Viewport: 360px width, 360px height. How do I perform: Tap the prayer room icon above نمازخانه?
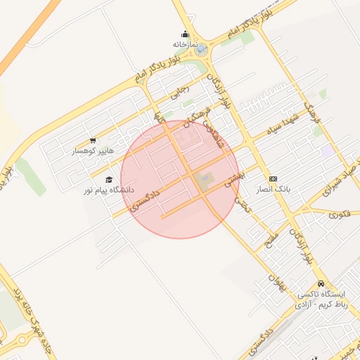click(185, 33)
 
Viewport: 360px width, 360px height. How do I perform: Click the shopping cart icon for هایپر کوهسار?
click(93, 141)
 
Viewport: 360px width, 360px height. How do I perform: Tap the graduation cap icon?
click(108, 179)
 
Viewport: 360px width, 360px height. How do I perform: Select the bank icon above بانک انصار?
click(273, 179)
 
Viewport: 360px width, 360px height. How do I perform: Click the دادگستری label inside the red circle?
click(146, 200)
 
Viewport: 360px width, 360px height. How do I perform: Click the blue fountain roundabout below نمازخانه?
click(201, 49)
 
